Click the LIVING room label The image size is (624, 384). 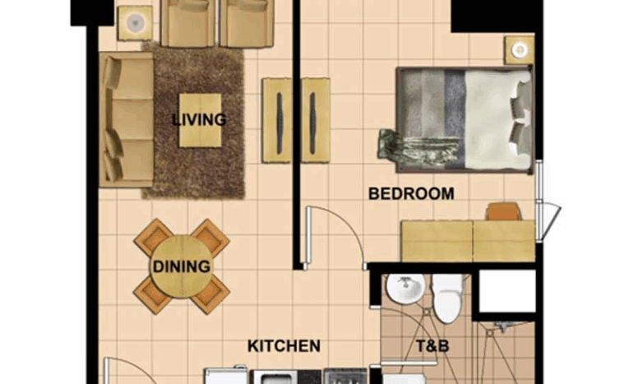pos(199,119)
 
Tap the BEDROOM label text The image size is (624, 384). pos(411,194)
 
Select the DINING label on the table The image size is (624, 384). pos(182,266)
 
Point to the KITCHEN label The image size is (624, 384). pos(284,346)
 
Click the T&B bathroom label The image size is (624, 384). pos(432,346)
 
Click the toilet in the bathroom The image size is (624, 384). pos(448,298)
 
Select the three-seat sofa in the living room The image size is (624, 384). pos(126,119)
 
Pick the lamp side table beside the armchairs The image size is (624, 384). pos(135,23)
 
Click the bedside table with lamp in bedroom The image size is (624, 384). pos(519,50)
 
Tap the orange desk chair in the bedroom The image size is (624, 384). pos(503,211)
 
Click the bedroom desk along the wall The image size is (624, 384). pos(468,241)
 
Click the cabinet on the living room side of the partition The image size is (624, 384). pos(277,121)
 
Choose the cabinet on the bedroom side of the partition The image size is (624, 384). pos(316,121)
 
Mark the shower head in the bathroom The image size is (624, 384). pos(502,326)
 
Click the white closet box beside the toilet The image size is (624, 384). pos(507,291)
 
